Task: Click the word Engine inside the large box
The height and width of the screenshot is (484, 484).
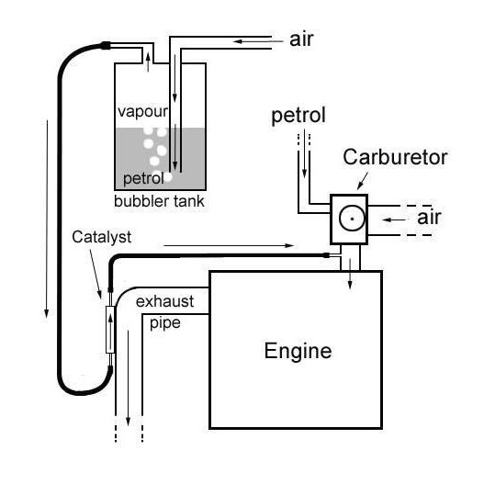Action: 297,351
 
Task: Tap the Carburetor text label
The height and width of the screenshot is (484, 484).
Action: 395,157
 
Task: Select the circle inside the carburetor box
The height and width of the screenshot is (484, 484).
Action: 349,219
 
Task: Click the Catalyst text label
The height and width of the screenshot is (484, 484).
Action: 102,237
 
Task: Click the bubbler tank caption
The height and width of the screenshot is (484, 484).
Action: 159,201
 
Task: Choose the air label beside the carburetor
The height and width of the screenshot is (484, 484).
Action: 430,218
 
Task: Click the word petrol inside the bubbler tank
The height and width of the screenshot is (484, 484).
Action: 141,177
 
